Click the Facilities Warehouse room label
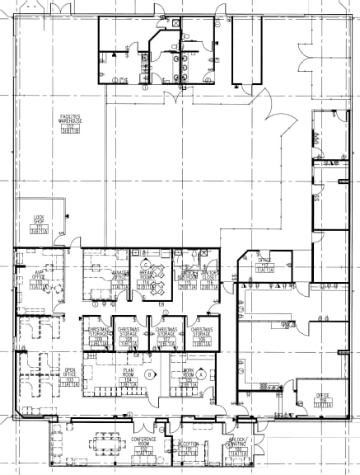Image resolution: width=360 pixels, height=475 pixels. pyautogui.click(x=68, y=121)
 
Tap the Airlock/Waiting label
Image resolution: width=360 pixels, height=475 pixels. pyautogui.click(x=239, y=446)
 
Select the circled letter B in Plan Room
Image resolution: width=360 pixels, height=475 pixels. pyautogui.click(x=149, y=374)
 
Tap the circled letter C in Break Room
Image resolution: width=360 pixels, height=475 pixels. pyautogui.click(x=154, y=264)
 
